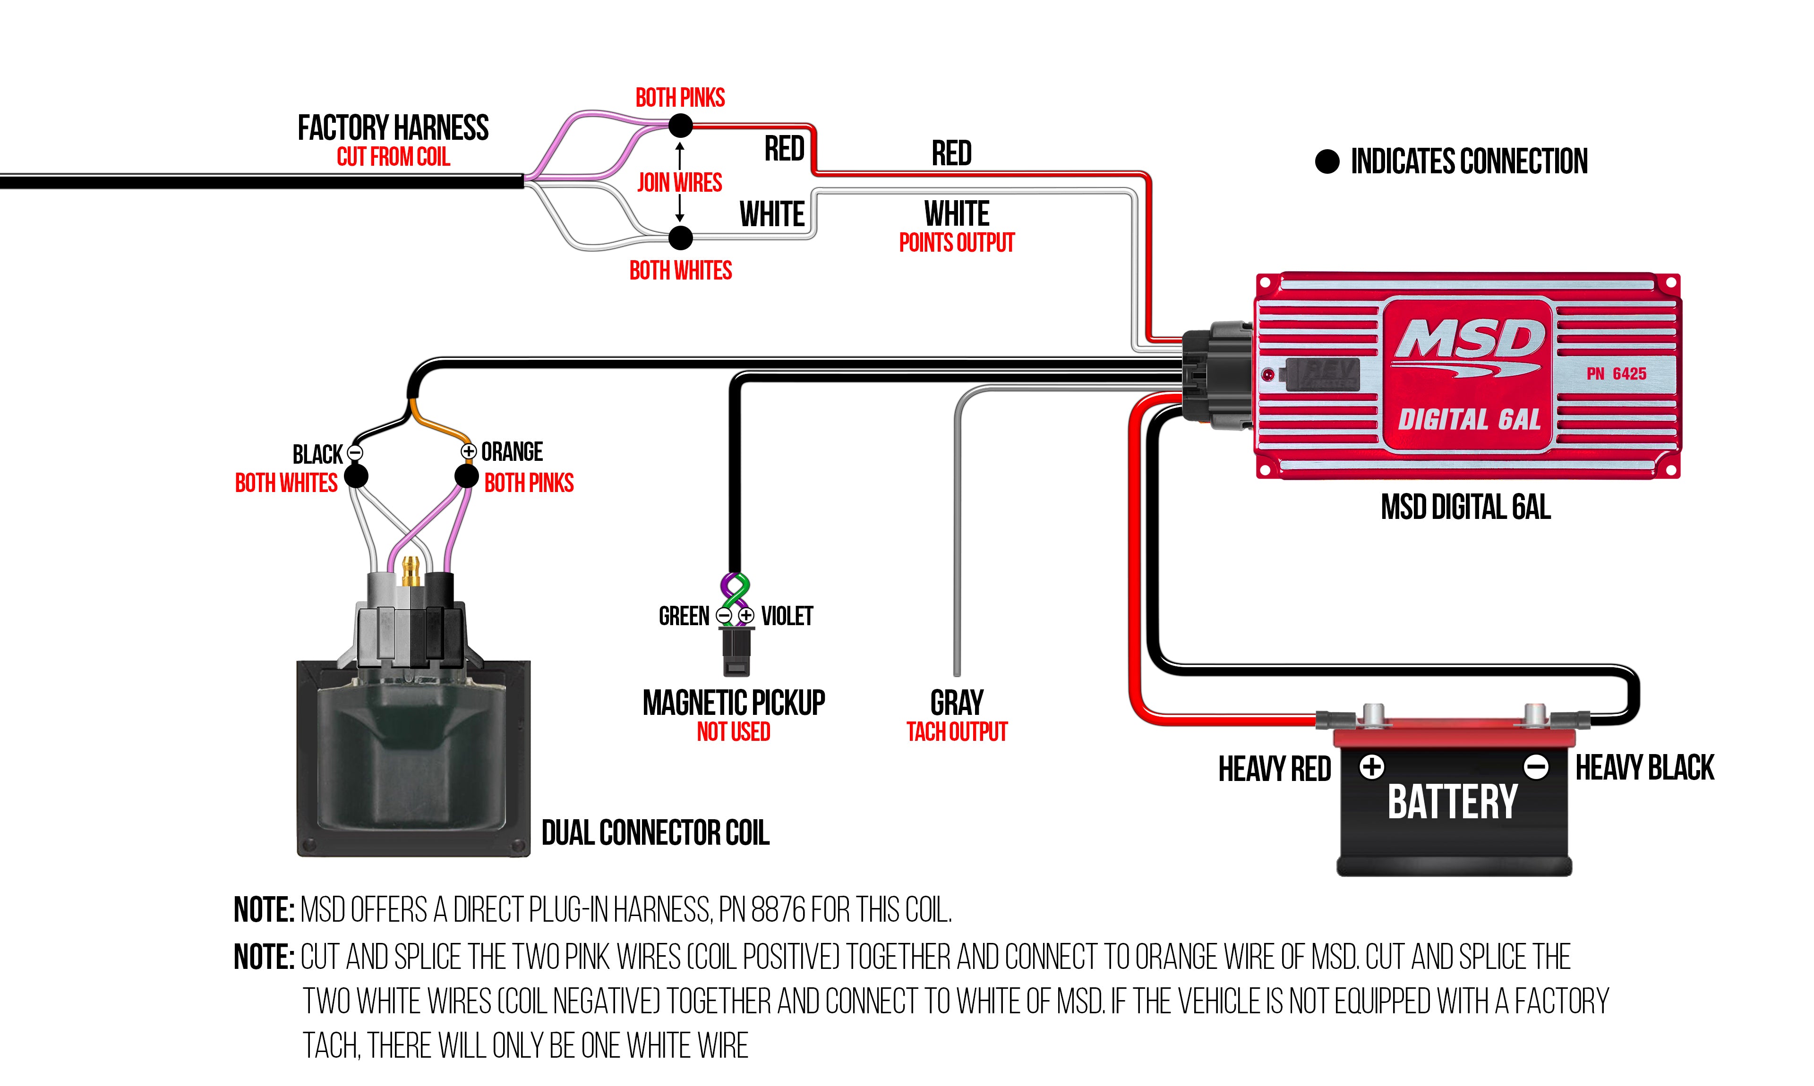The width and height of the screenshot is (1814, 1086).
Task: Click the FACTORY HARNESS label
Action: click(x=393, y=128)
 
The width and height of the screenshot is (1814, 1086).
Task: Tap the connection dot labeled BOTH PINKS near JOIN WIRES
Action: click(x=680, y=126)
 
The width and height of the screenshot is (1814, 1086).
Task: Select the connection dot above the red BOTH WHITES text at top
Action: click(x=680, y=238)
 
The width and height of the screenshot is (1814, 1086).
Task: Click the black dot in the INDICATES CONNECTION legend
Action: click(x=1326, y=161)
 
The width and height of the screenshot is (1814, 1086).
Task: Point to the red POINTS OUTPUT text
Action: click(x=956, y=243)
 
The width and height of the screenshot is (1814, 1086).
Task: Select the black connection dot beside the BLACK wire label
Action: click(x=356, y=476)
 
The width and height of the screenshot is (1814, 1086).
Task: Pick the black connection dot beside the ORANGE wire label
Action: click(x=466, y=476)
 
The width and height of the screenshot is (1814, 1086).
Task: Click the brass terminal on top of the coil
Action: click(x=410, y=569)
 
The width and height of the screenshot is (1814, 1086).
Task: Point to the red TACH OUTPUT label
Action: click(x=956, y=732)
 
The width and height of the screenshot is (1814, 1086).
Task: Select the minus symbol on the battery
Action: click(x=1535, y=767)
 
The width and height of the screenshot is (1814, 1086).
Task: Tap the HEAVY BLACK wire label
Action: click(x=1644, y=768)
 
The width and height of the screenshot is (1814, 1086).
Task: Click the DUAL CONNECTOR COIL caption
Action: click(x=655, y=833)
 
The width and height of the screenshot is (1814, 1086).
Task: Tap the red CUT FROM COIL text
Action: click(x=393, y=157)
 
